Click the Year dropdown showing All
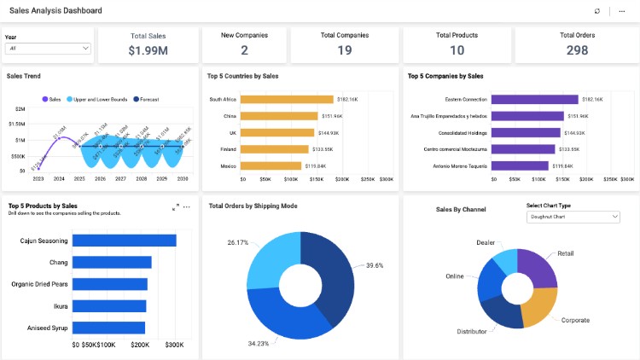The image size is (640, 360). pos(48,49)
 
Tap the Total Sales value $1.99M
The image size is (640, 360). pos(148,51)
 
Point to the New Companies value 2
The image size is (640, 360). pos(244,51)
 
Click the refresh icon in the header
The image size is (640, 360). pos(597,11)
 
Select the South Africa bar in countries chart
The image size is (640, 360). pos(288,100)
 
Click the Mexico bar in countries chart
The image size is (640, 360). pos(271,165)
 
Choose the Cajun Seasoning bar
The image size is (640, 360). pos(125,241)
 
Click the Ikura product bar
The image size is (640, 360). pos(109,305)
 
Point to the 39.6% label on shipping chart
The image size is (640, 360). pos(375,265)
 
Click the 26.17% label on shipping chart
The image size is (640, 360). pos(238,242)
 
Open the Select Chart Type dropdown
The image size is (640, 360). pos(573,217)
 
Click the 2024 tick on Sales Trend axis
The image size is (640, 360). pos(59,179)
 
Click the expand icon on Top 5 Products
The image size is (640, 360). pos(176,206)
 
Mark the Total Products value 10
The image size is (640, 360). pos(457,51)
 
